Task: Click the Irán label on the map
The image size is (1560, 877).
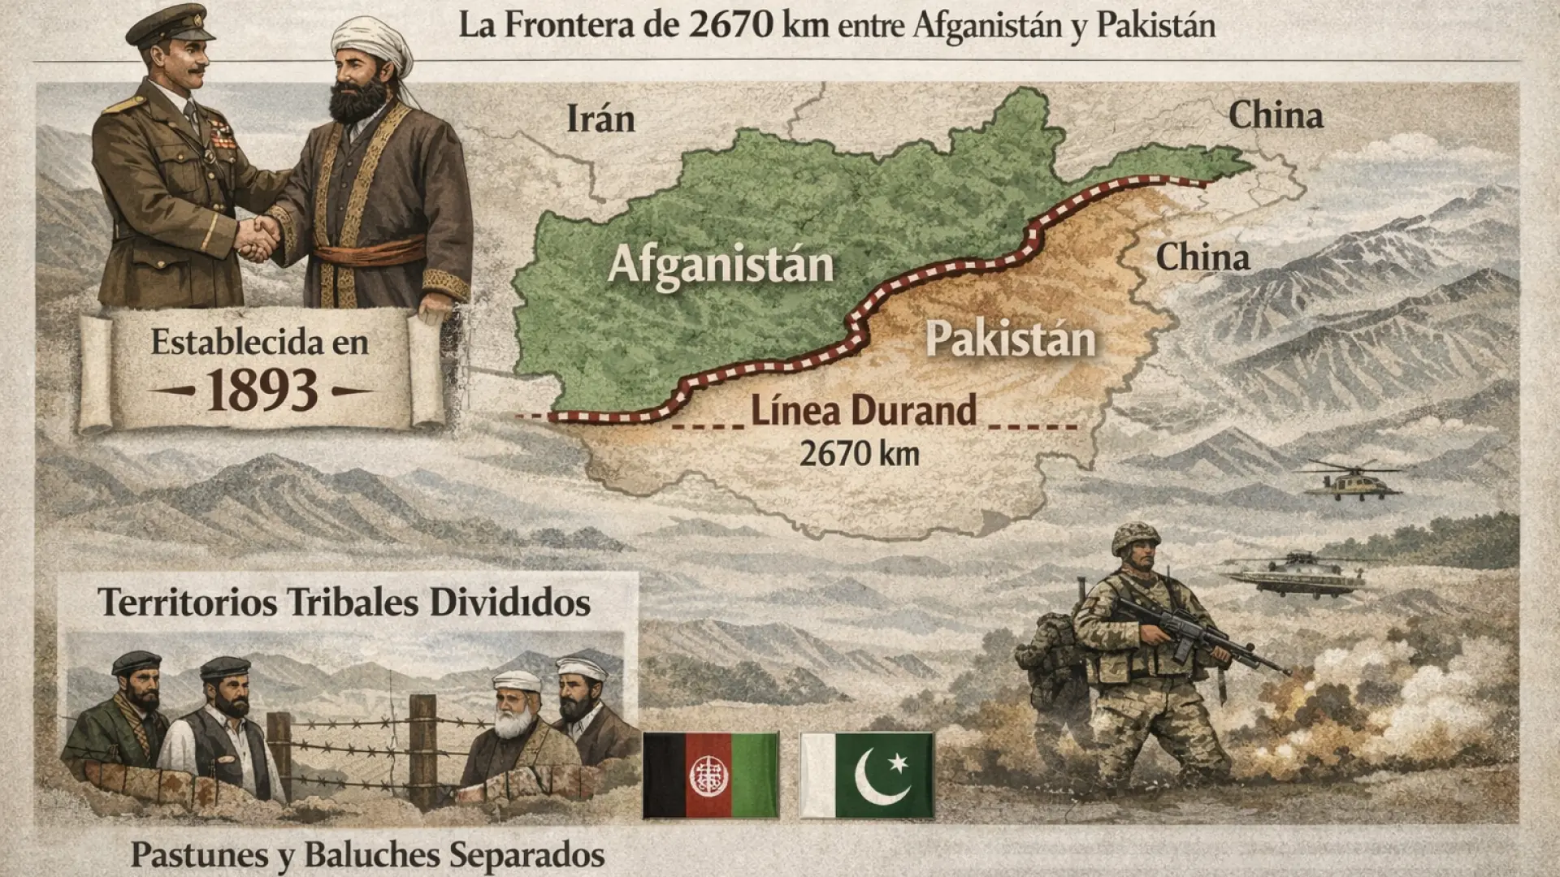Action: (600, 119)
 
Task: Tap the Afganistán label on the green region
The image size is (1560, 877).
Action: (721, 265)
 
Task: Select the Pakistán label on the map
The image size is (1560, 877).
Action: (1010, 339)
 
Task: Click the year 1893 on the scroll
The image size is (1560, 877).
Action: (261, 391)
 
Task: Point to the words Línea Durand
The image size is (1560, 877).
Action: (863, 411)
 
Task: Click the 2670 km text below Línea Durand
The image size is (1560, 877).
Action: (859, 454)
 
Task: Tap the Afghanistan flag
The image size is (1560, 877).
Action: (710, 775)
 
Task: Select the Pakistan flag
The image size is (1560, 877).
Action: (867, 775)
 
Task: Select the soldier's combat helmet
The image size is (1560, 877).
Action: (1135, 538)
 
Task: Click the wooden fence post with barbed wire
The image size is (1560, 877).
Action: (422, 751)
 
